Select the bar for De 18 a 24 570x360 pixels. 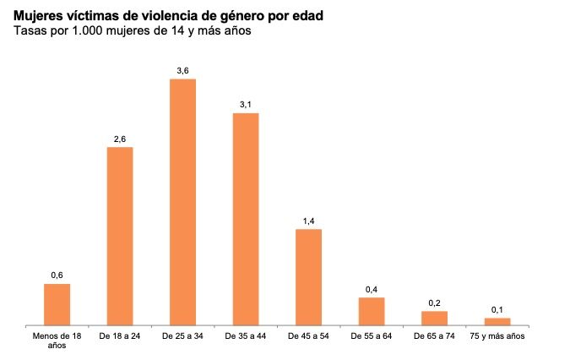[x=120, y=236]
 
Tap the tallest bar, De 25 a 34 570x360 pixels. [x=183, y=202]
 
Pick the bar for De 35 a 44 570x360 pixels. [x=246, y=219]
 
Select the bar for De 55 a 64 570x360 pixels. [x=372, y=311]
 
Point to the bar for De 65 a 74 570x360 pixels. [x=434, y=318]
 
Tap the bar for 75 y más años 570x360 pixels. [x=497, y=321]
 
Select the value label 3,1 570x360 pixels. [x=246, y=105]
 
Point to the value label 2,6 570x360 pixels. [x=120, y=139]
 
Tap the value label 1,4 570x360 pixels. [x=308, y=221]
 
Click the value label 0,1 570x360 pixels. [x=497, y=309]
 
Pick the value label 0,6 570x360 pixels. [x=57, y=275]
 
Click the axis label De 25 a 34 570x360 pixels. [x=183, y=336]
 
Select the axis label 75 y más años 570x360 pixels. [x=497, y=336]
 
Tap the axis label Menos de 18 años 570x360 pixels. [x=57, y=341]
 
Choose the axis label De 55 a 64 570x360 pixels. [x=372, y=336]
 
